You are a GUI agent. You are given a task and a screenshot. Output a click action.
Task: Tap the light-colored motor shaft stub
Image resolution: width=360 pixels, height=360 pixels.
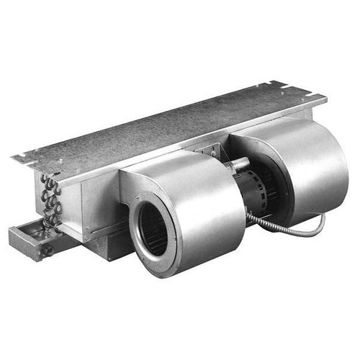[x=236, y=164]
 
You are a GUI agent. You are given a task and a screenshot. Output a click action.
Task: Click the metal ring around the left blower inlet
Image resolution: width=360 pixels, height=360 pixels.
[x=138, y=216]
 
